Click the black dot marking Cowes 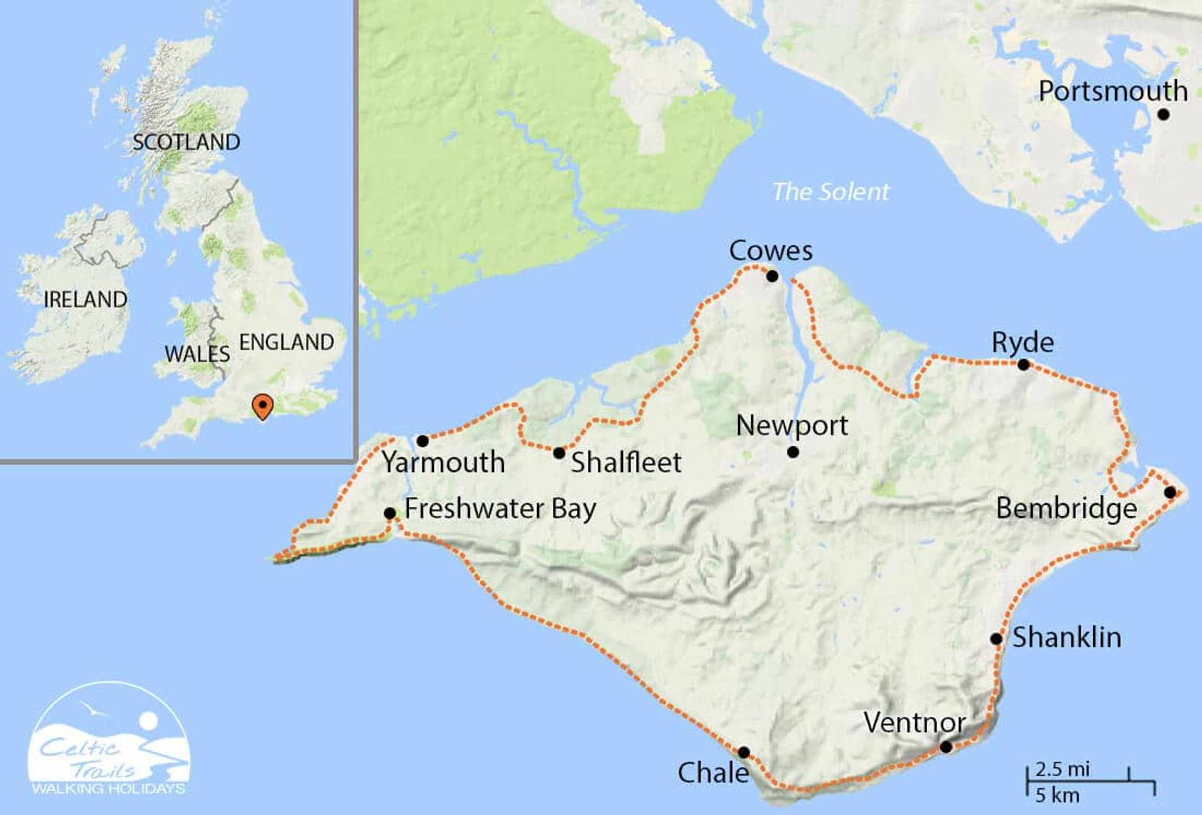click(x=772, y=276)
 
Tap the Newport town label click(x=792, y=426)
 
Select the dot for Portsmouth click(x=1163, y=115)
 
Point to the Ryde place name click(x=1022, y=342)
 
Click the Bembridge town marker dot click(x=1170, y=493)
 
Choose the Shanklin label click(x=1067, y=637)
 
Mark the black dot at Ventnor click(x=946, y=747)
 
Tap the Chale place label click(x=713, y=773)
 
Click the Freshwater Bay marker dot click(x=389, y=513)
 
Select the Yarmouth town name click(x=443, y=463)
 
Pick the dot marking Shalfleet click(x=559, y=453)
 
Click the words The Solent click(x=831, y=192)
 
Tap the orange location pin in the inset click(x=262, y=406)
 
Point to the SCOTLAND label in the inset click(x=186, y=143)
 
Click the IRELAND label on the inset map click(x=85, y=300)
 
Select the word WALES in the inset click(x=197, y=354)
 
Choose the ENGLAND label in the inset click(x=287, y=342)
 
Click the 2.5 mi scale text click(x=1062, y=769)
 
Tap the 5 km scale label click(x=1057, y=796)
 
